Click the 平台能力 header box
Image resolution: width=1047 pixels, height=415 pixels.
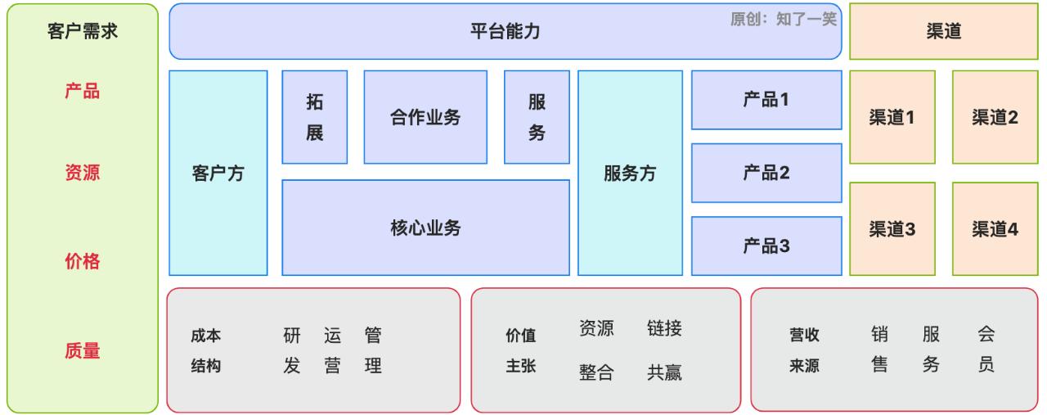tap(505, 32)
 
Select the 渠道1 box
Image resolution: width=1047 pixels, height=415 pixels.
tap(892, 117)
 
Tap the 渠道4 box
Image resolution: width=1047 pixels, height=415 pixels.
tap(995, 229)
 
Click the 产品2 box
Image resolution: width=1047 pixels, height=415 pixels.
tap(766, 173)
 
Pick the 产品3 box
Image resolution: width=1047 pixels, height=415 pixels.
tap(766, 246)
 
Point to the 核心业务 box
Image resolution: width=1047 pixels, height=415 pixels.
tap(425, 228)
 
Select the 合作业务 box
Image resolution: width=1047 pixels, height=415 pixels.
tap(425, 117)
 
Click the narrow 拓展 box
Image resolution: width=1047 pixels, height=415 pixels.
tap(315, 117)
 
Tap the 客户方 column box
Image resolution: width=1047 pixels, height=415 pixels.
tap(218, 174)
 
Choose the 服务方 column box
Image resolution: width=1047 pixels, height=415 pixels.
tap(630, 174)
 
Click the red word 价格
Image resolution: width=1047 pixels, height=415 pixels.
tap(83, 262)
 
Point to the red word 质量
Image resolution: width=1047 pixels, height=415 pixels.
tap(83, 351)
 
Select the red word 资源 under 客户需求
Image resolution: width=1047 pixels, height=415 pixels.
tap(83, 173)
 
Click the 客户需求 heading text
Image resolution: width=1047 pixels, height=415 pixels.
tap(83, 32)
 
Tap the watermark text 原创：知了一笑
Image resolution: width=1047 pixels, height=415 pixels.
tap(783, 20)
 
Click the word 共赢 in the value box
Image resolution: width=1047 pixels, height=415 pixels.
tap(664, 372)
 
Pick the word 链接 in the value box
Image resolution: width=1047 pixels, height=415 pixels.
tap(664, 329)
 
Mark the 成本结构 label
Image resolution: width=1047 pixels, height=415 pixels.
tap(206, 350)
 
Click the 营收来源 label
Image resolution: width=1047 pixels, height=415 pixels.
tap(804, 350)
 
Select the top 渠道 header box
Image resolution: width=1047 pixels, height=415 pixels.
tap(943, 32)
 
